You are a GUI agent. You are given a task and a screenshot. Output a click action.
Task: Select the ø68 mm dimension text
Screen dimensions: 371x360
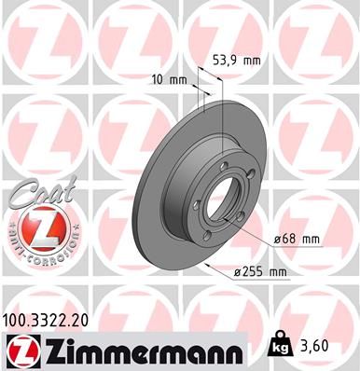[x=296, y=240]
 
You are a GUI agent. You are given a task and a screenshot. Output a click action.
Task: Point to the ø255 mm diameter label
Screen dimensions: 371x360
[x=258, y=271]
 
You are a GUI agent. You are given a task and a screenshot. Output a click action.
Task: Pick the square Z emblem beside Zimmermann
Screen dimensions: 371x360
[x=20, y=350]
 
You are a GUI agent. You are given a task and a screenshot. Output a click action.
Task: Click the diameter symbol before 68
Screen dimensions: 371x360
[x=278, y=240]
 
